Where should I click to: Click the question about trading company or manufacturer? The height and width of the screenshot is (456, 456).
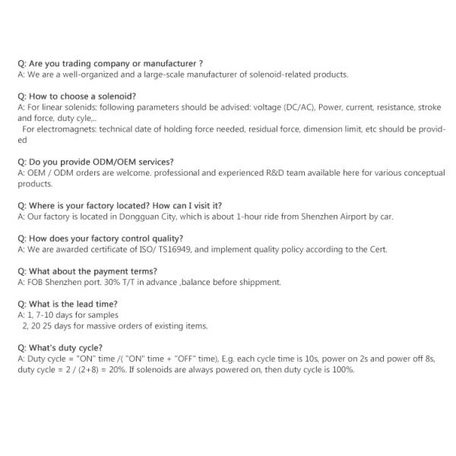pyautogui.click(x=109, y=64)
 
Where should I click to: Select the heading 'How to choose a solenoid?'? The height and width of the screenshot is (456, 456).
pyautogui.click(x=77, y=97)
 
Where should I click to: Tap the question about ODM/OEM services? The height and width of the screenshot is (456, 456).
pyautogui.click(x=95, y=162)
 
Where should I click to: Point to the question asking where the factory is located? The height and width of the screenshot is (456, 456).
pyautogui.click(x=119, y=205)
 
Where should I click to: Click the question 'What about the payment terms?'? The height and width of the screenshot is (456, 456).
pyautogui.click(x=87, y=271)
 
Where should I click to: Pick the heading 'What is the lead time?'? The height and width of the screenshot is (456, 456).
pyautogui.click(x=68, y=303)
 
